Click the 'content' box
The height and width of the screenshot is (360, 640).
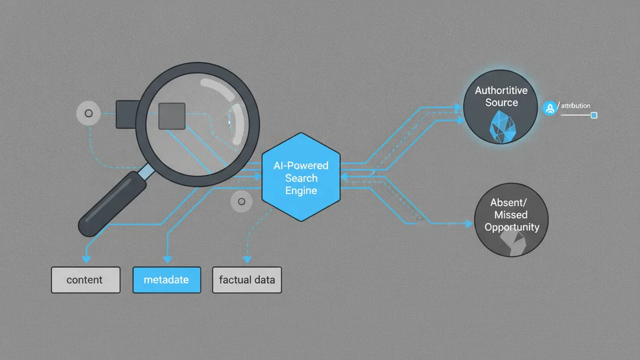point(86,280)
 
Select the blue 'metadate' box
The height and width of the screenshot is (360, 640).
point(167,280)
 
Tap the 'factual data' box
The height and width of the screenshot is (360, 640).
point(247,280)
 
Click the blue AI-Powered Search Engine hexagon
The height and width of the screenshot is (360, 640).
point(301,177)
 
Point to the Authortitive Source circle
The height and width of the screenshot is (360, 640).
point(501,107)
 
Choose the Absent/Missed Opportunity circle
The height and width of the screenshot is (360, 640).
point(511,220)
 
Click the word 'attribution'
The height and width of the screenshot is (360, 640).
point(575,106)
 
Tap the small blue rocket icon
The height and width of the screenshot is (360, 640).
point(550,108)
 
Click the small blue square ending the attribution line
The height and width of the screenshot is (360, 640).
point(594,115)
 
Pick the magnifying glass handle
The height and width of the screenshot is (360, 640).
point(113,203)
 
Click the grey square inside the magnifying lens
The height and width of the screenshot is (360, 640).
point(172,116)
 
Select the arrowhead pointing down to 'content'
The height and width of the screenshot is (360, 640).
point(86,259)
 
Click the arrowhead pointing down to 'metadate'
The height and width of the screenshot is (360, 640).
point(167,259)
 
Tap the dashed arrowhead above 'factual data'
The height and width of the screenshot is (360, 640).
point(247,259)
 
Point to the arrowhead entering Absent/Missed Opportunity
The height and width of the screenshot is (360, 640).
point(469,223)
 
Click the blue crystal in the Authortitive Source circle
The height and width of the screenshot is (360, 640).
point(502,127)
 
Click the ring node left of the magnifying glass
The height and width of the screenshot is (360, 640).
point(89,114)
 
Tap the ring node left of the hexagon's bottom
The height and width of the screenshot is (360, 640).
point(242,202)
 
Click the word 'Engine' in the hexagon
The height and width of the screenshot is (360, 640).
point(301,190)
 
